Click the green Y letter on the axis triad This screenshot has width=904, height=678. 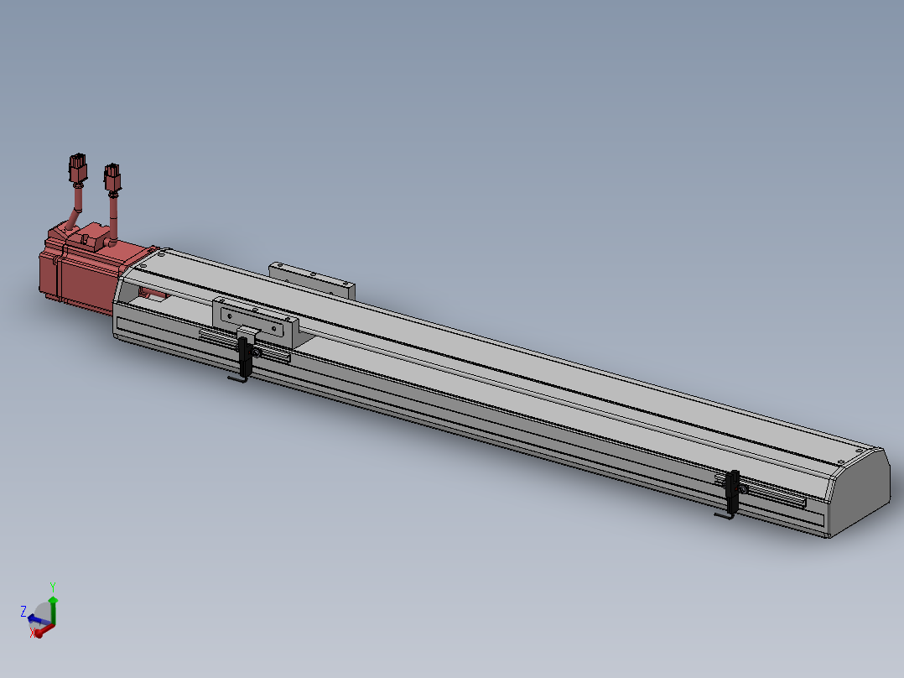tap(52, 586)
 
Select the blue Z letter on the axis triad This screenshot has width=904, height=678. tap(23, 611)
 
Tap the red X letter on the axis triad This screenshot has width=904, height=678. tap(33, 633)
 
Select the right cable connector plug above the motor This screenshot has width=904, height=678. tap(112, 177)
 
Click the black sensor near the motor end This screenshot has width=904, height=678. tap(245, 356)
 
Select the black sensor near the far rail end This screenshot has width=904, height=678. tap(734, 491)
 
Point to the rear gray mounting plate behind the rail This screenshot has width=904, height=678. tap(311, 278)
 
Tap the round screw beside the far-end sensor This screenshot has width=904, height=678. tap(743, 489)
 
